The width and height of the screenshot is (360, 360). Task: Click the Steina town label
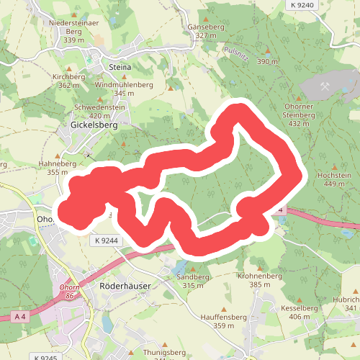tap(120, 67)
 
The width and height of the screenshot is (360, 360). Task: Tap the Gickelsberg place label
tap(94, 124)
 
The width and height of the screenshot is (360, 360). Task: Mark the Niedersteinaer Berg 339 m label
tap(73, 31)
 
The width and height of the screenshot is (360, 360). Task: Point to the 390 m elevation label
tap(267, 62)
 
